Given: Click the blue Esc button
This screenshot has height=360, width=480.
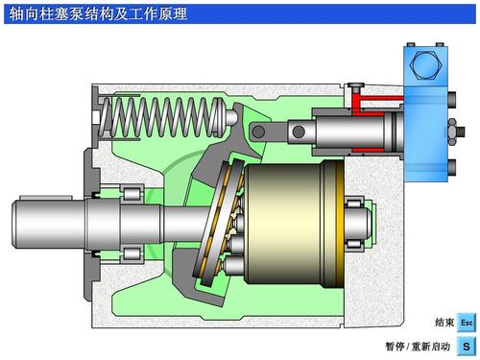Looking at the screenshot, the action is [x=467, y=323].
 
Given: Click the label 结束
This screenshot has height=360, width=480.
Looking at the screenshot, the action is [x=444, y=323].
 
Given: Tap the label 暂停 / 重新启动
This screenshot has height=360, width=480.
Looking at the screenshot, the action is [x=418, y=347].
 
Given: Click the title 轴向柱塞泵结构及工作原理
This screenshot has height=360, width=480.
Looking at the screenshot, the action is [x=98, y=14].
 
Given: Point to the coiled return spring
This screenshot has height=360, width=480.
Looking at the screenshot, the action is [x=161, y=117].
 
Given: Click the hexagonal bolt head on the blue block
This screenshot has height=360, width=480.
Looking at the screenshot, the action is [x=425, y=64].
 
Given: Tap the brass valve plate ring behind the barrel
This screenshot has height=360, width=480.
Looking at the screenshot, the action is [x=340, y=224].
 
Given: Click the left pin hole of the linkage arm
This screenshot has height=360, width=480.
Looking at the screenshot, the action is [x=258, y=132].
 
